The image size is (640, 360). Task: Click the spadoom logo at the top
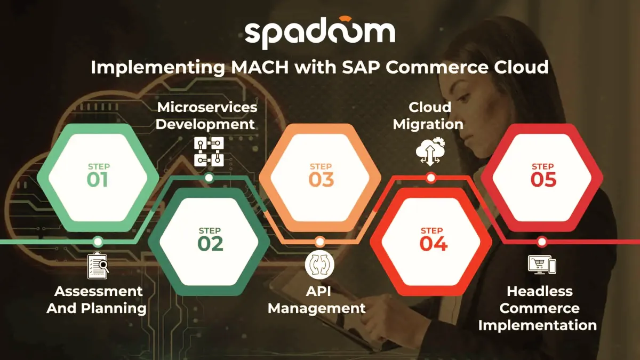tap(320, 33)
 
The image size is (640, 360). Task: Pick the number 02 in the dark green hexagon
tap(210, 244)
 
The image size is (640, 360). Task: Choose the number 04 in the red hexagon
tap(433, 244)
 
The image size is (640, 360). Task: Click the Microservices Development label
tap(206, 116)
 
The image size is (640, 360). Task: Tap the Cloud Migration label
tap(429, 116)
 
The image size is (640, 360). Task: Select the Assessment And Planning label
tap(98, 300)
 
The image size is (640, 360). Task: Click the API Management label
tap(317, 300)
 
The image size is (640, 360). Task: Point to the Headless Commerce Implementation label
tap(538, 308)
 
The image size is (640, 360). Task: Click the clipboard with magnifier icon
tap(98, 266)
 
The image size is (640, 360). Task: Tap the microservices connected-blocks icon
tap(209, 151)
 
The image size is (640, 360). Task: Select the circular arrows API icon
tap(319, 265)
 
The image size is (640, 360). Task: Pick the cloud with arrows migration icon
tap(430, 151)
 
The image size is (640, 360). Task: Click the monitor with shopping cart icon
tap(542, 265)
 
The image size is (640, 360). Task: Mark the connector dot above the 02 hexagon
tap(209, 178)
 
